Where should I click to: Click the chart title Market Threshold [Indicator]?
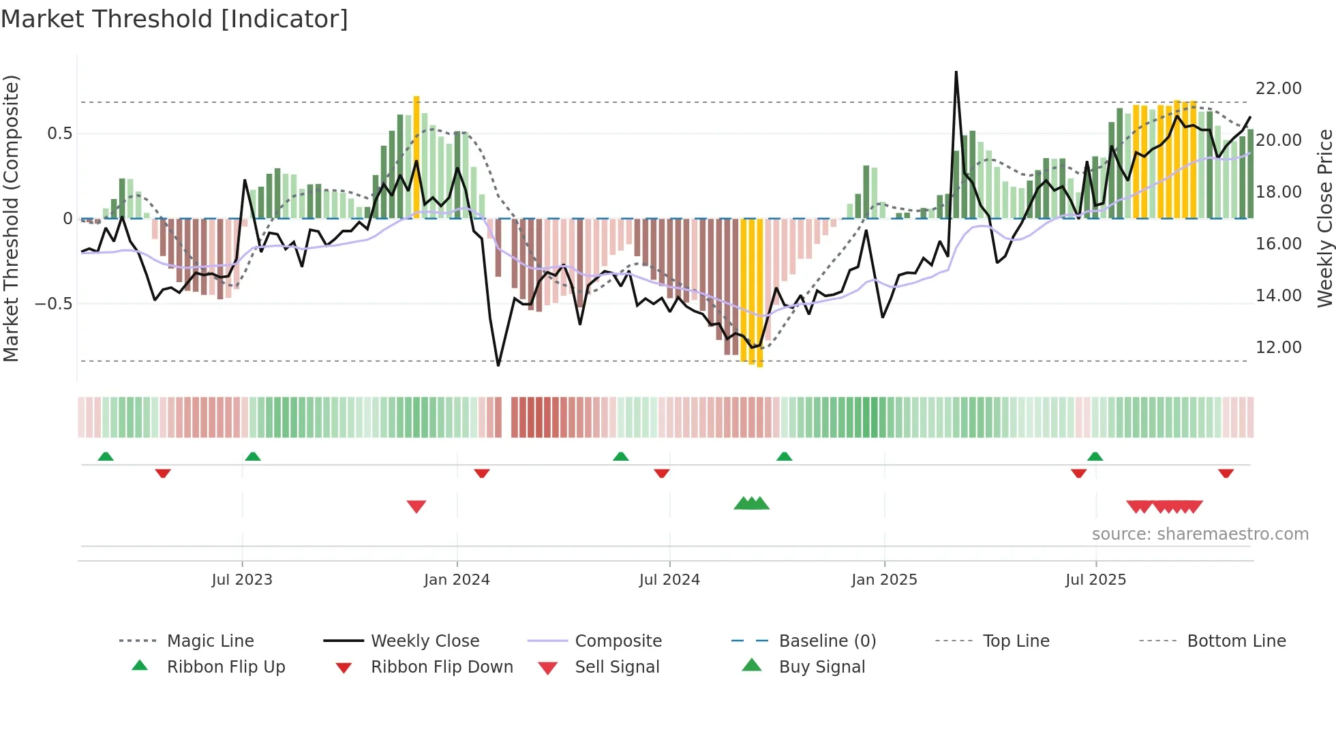point(174,19)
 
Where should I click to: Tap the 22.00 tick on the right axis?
point(1278,89)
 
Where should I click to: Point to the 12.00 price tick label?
point(1278,348)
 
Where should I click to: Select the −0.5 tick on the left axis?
point(54,304)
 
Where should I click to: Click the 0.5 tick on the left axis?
point(59,134)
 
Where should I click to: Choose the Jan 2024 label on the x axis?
point(457,580)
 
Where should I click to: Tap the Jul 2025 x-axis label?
point(1095,580)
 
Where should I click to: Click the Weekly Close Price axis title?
point(1324,218)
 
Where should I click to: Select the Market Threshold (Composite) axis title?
point(11,218)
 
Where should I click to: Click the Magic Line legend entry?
point(210,641)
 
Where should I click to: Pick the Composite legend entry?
point(618,641)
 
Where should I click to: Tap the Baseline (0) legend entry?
point(827,641)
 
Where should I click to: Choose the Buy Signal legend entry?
point(821,667)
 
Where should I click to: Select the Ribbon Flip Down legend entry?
point(441,667)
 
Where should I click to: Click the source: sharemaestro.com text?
point(1200,534)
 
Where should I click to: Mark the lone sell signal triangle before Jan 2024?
point(416,506)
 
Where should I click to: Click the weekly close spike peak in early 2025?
point(956,72)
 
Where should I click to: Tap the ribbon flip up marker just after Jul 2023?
point(253,456)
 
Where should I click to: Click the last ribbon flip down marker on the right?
point(1226,473)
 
